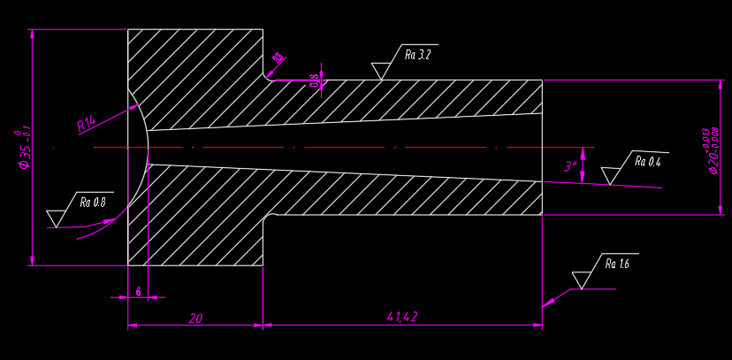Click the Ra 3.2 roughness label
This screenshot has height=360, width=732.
point(417,55)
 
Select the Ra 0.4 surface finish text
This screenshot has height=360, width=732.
point(647,163)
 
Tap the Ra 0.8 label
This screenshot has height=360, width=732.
point(93,203)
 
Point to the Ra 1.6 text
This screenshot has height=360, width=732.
point(617,264)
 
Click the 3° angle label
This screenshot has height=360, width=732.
point(571,165)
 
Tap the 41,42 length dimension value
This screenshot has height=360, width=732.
point(402,317)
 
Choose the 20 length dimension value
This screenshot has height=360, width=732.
point(195,318)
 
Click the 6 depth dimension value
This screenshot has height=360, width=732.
point(139,291)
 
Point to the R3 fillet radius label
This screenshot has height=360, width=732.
point(278,59)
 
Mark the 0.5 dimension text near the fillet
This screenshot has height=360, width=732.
point(314,80)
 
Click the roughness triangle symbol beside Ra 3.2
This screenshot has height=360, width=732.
point(382,71)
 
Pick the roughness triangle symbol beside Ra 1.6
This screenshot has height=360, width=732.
point(581,280)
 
